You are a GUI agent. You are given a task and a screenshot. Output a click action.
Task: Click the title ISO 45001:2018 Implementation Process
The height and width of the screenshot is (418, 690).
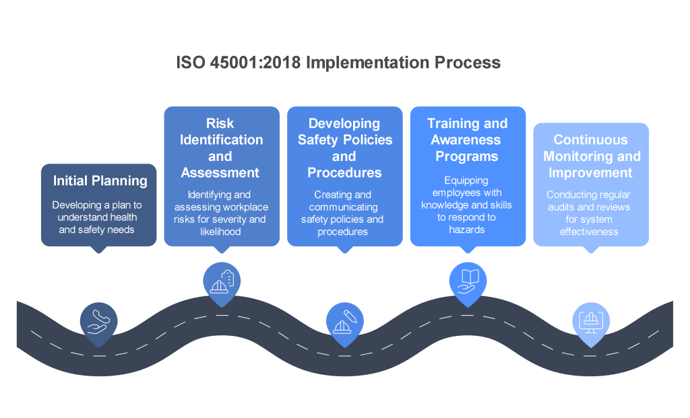pos(338,63)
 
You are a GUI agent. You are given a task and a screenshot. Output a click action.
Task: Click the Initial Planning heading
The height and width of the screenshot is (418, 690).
pos(100,180)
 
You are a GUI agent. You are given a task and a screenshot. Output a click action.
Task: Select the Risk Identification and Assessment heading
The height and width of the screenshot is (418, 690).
pos(220,148)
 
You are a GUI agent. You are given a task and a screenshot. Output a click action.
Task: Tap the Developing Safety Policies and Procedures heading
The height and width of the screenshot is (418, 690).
pos(344,148)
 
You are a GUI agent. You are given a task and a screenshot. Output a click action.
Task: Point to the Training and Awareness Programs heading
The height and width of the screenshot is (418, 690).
pos(467,140)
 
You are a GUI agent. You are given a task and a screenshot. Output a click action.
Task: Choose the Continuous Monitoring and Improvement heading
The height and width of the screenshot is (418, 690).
pos(591,156)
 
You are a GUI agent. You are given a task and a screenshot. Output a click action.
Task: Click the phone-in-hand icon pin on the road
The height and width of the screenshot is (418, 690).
pos(98,320)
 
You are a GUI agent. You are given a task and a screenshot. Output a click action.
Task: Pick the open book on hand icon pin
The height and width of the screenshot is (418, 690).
pos(468,281)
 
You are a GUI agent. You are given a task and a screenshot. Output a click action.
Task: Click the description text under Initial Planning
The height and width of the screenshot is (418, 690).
pos(98,217)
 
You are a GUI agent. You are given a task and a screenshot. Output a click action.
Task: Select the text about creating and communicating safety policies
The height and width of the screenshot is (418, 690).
pos(344,213)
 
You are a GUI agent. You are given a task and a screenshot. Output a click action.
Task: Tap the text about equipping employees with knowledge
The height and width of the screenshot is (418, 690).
pos(467,205)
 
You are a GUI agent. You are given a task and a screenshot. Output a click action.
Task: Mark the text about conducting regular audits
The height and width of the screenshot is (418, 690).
pos(589,213)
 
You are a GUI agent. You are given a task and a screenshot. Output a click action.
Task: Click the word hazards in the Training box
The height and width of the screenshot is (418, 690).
pos(467,230)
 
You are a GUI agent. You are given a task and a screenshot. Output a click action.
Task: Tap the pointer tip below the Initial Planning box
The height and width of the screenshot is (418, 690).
pos(98,251)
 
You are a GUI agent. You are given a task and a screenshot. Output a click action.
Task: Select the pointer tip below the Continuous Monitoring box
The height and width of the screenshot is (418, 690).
pos(591,251)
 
